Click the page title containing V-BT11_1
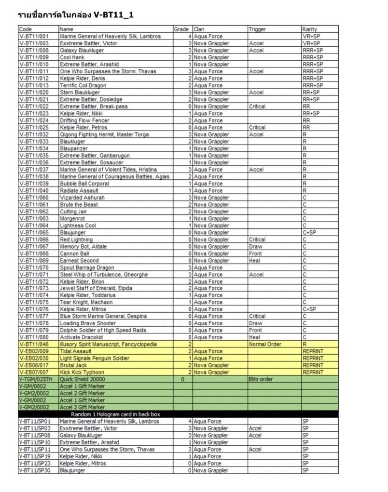(76, 15)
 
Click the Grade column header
(181, 29)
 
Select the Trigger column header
(257, 29)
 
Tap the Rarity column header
(309, 29)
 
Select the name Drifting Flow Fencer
(84, 120)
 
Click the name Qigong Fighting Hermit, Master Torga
(104, 134)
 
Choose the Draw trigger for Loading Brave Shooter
(256, 323)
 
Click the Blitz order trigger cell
(261, 379)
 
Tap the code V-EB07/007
(35, 372)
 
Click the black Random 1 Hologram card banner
(115, 414)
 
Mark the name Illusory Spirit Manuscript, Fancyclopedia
(108, 345)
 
